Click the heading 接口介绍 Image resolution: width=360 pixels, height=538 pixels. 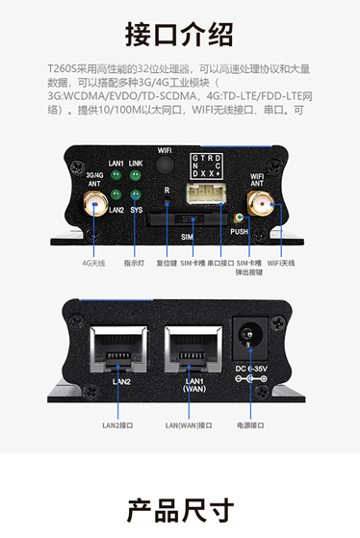[180, 35]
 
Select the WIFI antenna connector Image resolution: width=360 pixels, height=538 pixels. [260, 204]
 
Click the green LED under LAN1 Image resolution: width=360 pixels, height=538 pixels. [117, 177]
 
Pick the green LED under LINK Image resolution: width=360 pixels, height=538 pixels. [138, 177]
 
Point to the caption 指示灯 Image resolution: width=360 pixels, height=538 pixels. [135, 262]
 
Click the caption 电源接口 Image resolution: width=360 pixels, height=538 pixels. [253, 424]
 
